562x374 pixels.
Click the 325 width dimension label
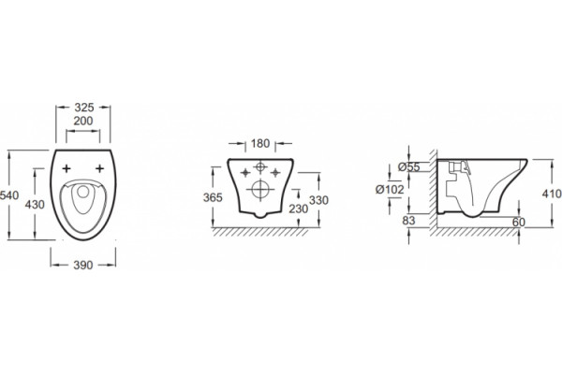click(83, 107)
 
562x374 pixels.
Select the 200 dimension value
click(83, 121)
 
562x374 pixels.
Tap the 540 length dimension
click(9, 195)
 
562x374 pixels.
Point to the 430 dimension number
click(35, 205)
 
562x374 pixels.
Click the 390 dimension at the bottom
click(83, 266)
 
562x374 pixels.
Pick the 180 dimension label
click(259, 143)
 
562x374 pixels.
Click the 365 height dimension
click(213, 197)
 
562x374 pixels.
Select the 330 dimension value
click(318, 200)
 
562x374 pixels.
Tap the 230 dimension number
click(298, 209)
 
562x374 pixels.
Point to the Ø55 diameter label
click(409, 167)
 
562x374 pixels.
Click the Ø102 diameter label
click(390, 189)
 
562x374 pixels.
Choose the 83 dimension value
click(408, 221)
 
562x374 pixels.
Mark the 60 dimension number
click(518, 223)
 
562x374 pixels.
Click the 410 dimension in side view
click(552, 194)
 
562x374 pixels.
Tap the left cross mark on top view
click(67, 168)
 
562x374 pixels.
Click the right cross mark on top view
click(99, 168)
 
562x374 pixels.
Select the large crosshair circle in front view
click(260, 189)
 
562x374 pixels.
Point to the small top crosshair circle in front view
click(260, 166)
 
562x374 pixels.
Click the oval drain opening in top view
click(83, 192)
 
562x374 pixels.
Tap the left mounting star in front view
click(245, 173)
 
